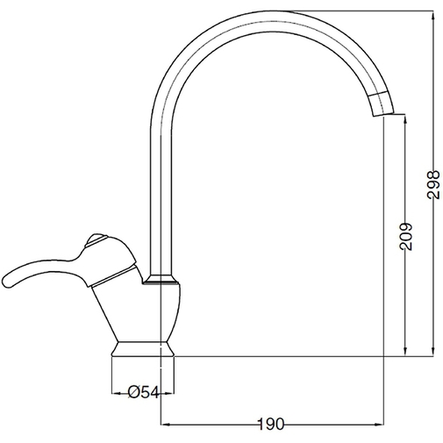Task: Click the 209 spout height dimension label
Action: tap(404, 235)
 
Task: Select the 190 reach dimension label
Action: tap(272, 424)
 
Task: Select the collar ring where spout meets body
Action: tap(162, 282)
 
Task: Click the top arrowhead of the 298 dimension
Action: tap(432, 14)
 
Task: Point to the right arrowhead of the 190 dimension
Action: tap(381, 425)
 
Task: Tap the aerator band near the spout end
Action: tap(382, 102)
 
